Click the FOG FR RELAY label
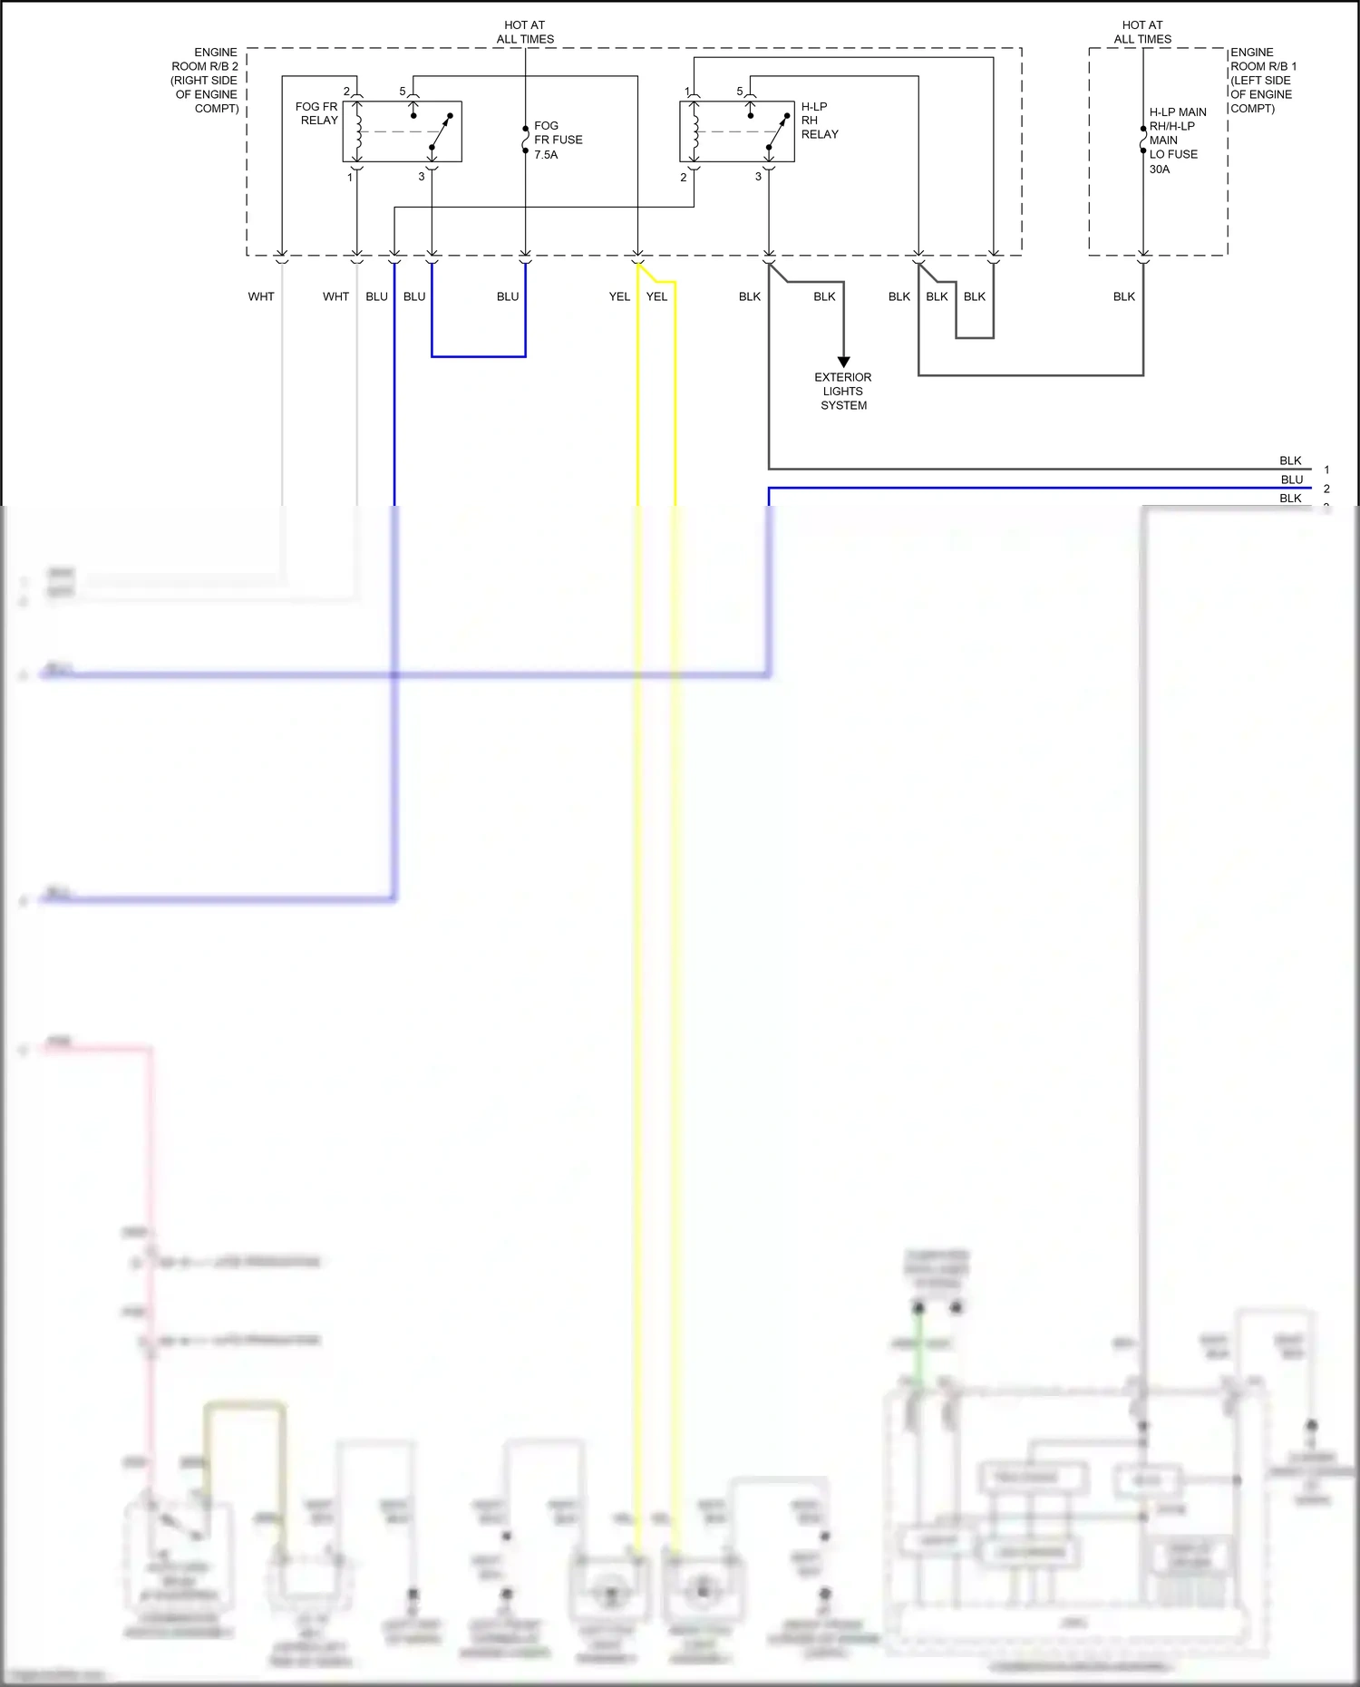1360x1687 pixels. [316, 113]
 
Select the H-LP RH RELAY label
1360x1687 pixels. [819, 121]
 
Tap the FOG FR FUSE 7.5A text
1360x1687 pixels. [557, 141]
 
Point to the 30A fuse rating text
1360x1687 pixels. [1160, 170]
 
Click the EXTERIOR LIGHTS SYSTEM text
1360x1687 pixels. [842, 391]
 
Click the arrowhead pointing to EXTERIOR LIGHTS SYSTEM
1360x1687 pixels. [843, 363]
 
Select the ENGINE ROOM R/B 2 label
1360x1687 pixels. [205, 80]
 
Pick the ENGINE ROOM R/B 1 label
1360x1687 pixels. [1262, 80]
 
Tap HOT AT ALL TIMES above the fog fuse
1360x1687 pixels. [525, 32]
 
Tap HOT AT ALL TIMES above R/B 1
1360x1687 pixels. [1142, 32]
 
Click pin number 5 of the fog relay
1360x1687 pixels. [403, 92]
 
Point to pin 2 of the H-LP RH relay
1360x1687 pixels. [684, 178]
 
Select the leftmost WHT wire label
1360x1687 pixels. [261, 296]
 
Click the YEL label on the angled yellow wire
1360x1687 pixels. [656, 296]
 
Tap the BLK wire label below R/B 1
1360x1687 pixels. [1123, 296]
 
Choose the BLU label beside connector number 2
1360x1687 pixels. [1291, 480]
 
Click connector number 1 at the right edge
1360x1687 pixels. [1326, 470]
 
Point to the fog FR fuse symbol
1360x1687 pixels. [525, 140]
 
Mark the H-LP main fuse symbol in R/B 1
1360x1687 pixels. [1143, 140]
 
